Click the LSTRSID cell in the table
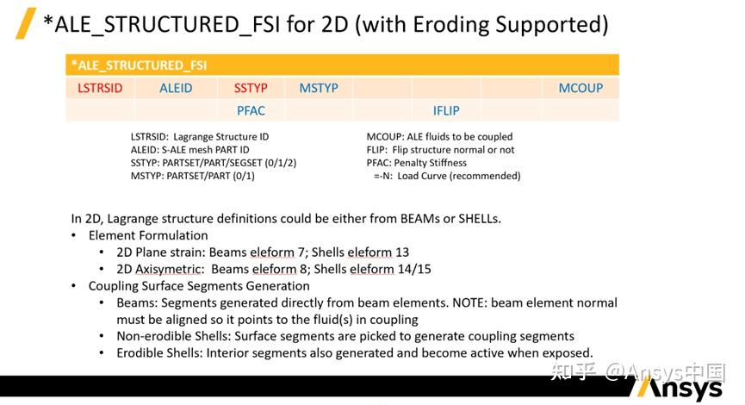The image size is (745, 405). click(100, 88)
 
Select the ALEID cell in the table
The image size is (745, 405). click(176, 88)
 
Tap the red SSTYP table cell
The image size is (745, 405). click(251, 88)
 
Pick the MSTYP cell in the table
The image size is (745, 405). click(319, 88)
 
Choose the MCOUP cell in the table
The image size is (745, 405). click(580, 88)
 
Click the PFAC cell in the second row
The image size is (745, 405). click(251, 110)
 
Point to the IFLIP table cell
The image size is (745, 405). click(445, 110)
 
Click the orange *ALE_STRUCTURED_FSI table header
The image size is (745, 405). click(342, 65)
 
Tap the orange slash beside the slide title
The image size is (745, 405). click(26, 22)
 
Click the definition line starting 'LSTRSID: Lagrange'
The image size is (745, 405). click(200, 137)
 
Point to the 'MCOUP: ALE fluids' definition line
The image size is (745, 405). click(439, 137)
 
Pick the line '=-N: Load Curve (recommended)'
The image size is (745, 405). click(447, 176)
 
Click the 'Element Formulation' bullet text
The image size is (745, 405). click(148, 235)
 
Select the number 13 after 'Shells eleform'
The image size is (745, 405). click(402, 252)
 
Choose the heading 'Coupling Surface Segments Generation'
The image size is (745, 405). click(199, 286)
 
